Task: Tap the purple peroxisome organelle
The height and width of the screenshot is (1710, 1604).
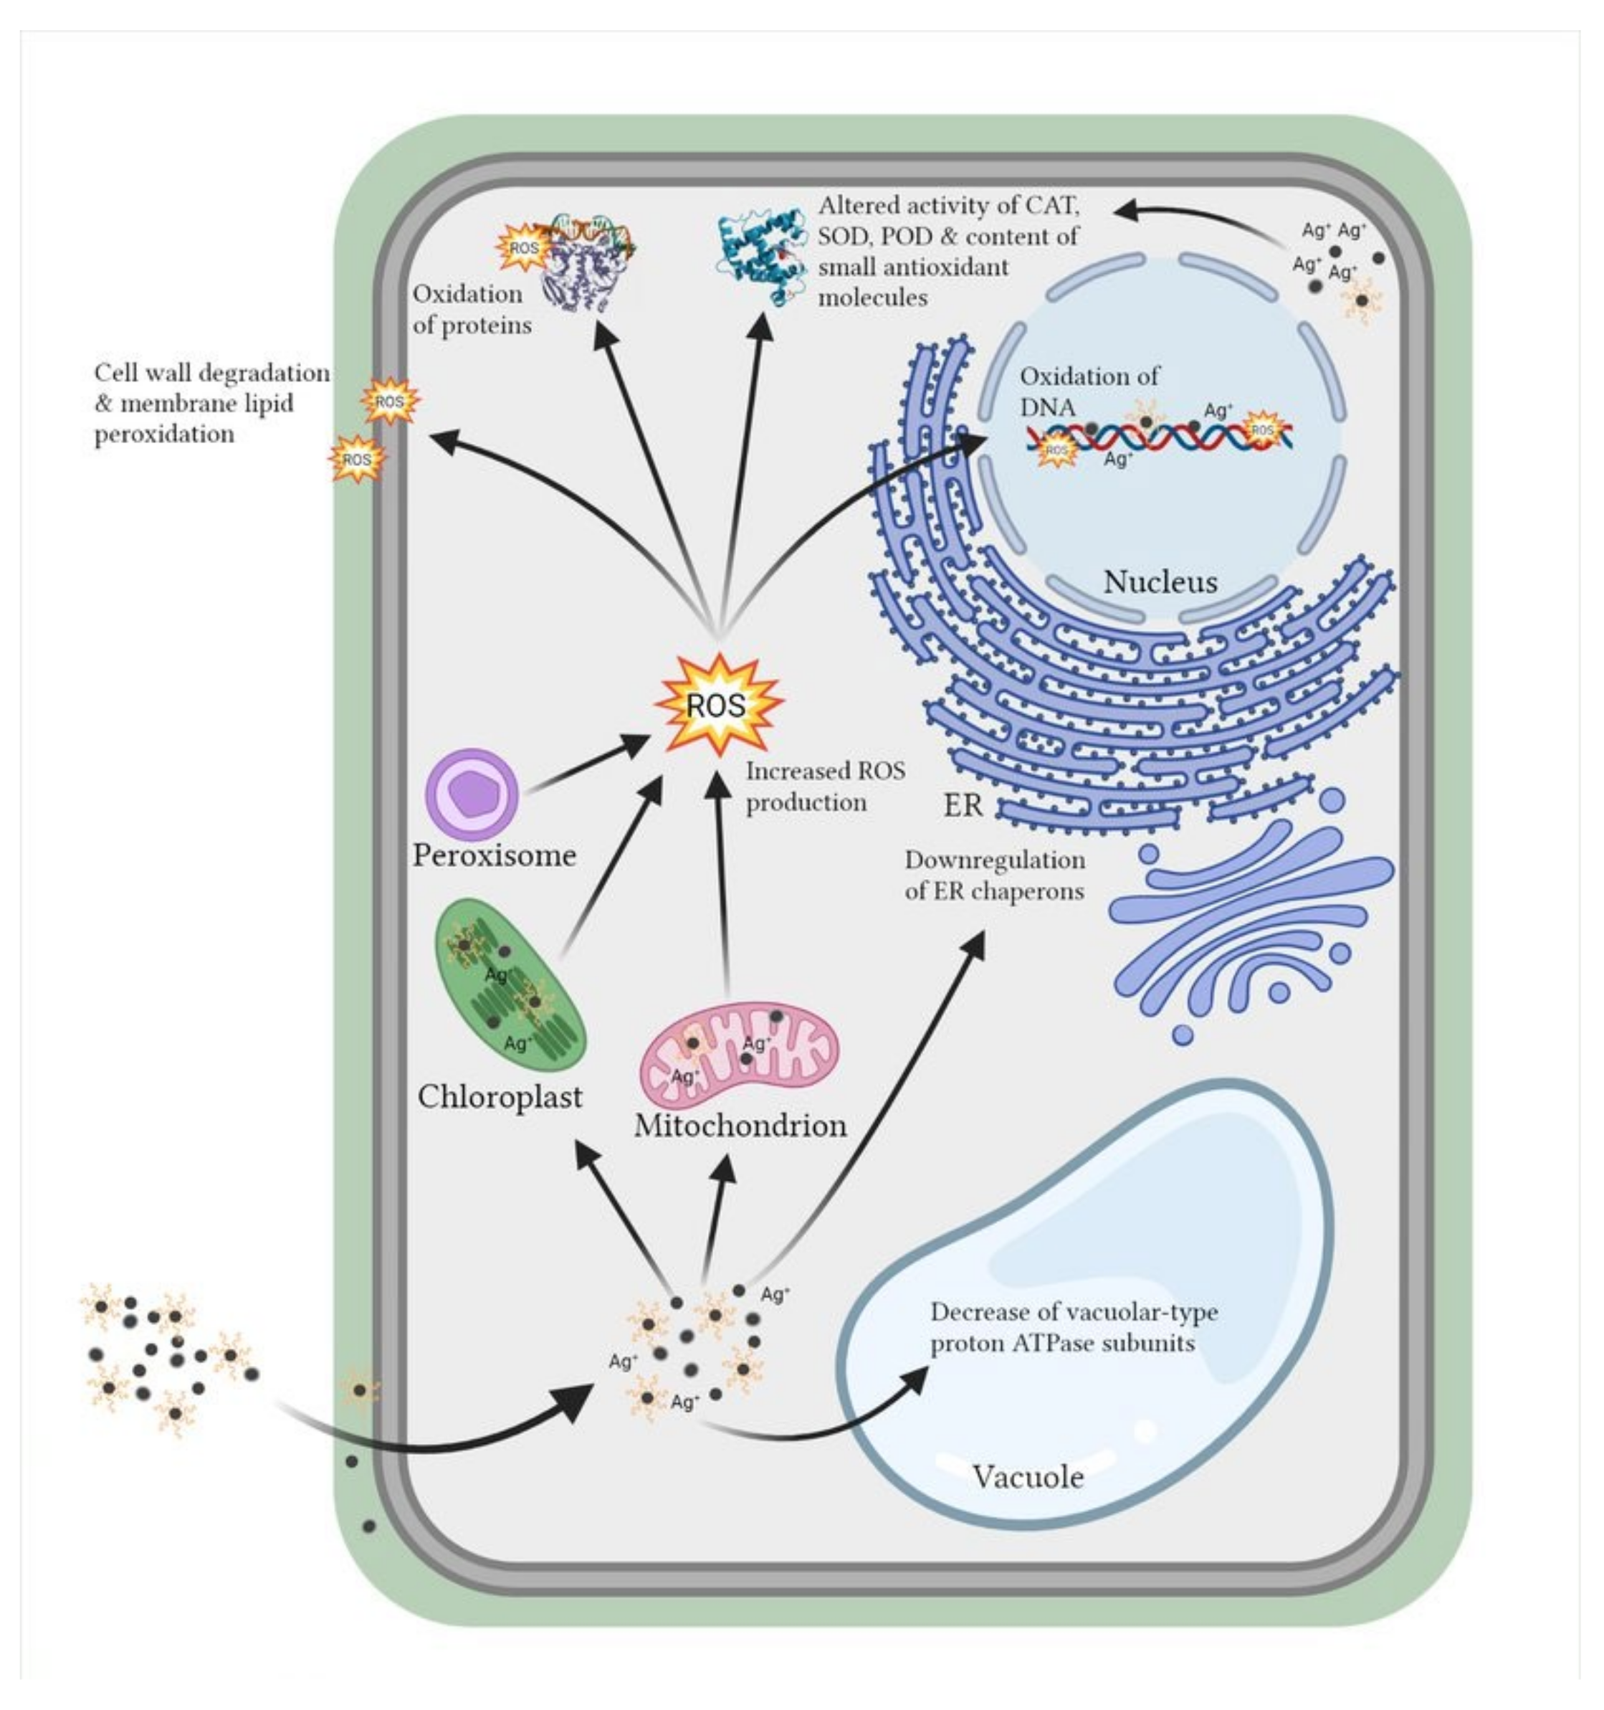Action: [x=472, y=793]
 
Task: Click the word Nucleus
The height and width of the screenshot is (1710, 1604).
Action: [x=1160, y=582]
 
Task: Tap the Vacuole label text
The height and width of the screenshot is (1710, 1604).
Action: [x=1028, y=1477]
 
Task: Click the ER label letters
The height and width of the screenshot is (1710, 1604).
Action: [x=963, y=806]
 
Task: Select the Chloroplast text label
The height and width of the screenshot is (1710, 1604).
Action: [x=500, y=1097]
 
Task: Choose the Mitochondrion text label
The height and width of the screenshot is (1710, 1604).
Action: [x=740, y=1126]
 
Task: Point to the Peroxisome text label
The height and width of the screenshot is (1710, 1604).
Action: [x=495, y=855]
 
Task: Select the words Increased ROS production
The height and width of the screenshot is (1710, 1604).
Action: [x=824, y=787]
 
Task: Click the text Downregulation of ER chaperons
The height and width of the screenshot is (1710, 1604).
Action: [x=994, y=875]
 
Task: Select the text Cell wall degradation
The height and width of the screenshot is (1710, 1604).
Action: [x=211, y=374]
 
